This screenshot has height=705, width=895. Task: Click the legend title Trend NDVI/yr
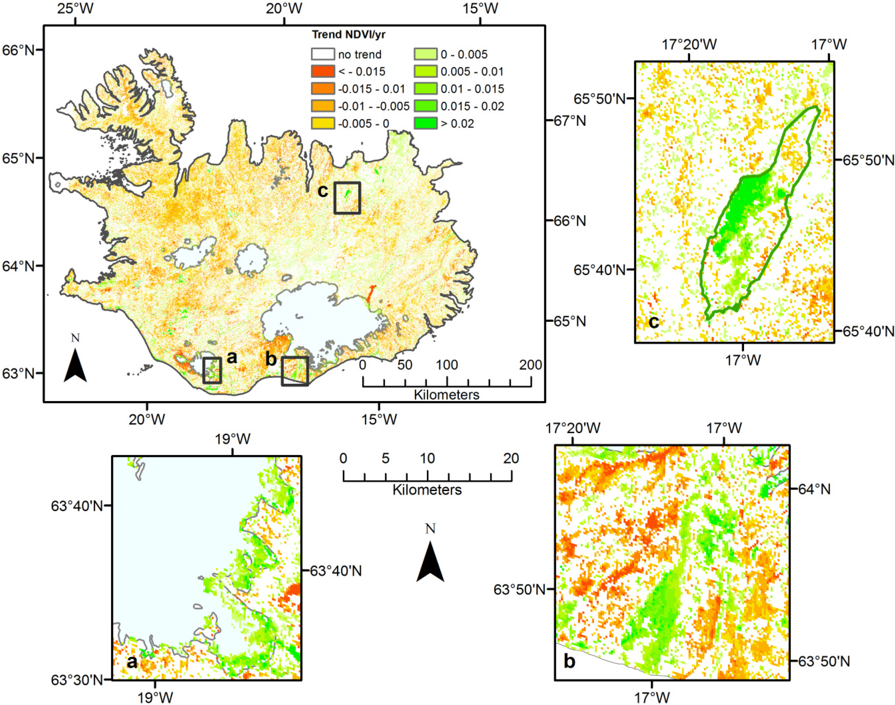click(348, 35)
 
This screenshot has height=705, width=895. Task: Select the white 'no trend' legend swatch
click(323, 54)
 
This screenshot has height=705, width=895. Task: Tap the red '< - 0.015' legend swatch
click(323, 71)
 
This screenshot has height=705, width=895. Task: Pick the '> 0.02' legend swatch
click(425, 123)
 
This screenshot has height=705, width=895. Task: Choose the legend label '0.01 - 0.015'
click(472, 89)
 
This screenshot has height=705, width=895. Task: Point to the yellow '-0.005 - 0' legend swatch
click(323, 123)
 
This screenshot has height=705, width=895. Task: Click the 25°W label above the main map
click(75, 8)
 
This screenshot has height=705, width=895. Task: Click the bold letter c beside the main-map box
click(323, 191)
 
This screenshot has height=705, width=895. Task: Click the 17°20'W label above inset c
click(690, 44)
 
